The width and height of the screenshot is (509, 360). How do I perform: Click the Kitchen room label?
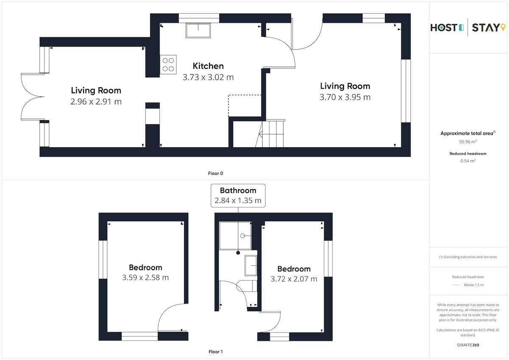(x=208, y=66)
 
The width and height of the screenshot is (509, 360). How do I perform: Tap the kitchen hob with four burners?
(x=168, y=64)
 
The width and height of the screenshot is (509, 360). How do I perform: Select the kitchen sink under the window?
(x=198, y=31)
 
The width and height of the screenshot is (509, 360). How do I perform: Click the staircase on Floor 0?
(x=271, y=134)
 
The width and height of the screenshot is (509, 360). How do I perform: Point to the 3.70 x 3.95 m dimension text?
(x=345, y=97)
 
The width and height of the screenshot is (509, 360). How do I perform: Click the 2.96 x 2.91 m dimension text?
(x=96, y=101)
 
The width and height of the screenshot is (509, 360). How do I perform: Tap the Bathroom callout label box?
(x=238, y=195)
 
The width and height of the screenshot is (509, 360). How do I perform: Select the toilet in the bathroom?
(x=247, y=286)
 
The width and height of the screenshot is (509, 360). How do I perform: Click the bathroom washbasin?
(x=251, y=265)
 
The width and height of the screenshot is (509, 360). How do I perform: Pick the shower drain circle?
(x=243, y=236)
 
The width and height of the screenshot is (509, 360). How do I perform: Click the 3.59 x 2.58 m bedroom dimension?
(x=145, y=277)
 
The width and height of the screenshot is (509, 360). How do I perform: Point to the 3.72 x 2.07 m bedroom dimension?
(x=294, y=279)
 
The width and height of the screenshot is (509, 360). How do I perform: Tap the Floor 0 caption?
(x=215, y=173)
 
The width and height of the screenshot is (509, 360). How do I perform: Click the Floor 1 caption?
(x=215, y=352)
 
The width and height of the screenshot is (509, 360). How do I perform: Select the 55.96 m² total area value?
(x=468, y=142)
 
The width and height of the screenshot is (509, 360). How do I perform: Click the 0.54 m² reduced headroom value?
(x=468, y=161)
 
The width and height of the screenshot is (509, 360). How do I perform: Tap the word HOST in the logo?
(x=444, y=28)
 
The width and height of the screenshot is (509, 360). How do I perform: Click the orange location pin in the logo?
(x=503, y=27)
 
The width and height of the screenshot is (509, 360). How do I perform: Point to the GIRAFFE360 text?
(x=468, y=345)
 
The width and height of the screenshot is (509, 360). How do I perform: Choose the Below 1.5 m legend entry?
(x=468, y=285)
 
